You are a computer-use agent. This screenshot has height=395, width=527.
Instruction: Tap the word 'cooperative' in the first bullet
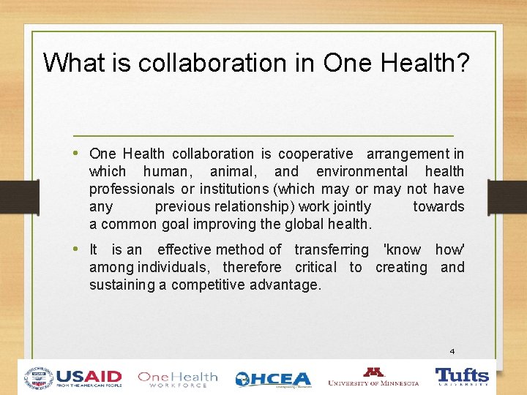315,154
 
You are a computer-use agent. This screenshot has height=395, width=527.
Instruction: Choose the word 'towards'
438,207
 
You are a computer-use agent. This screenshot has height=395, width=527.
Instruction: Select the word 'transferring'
332,250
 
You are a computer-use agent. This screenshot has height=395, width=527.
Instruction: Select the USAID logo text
88,377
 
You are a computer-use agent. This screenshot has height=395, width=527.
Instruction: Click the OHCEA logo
273,379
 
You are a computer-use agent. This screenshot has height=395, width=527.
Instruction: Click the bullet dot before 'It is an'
78,249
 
